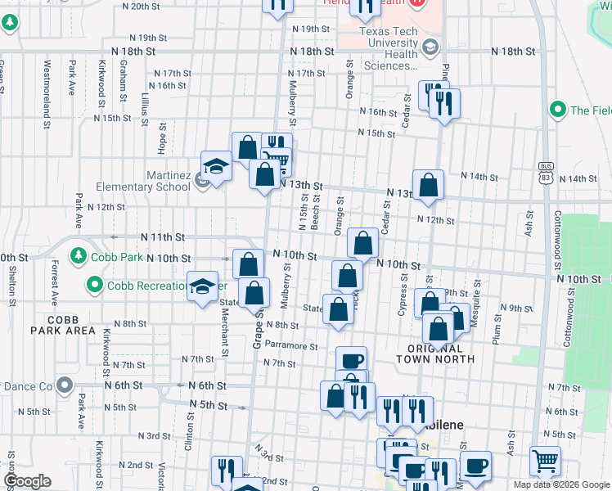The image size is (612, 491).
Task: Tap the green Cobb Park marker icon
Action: click(x=79, y=255)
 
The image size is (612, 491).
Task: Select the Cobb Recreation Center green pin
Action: click(x=95, y=285)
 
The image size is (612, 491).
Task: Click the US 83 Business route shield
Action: click(x=546, y=170)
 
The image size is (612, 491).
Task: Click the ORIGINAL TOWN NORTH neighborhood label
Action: click(x=434, y=353)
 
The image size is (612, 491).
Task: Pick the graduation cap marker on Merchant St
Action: click(x=202, y=286)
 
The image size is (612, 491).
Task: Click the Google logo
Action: click(x=28, y=481)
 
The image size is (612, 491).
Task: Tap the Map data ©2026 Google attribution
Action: click(x=561, y=484)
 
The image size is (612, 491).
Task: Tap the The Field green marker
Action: click(x=559, y=109)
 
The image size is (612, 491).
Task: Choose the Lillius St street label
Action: click(x=144, y=110)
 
